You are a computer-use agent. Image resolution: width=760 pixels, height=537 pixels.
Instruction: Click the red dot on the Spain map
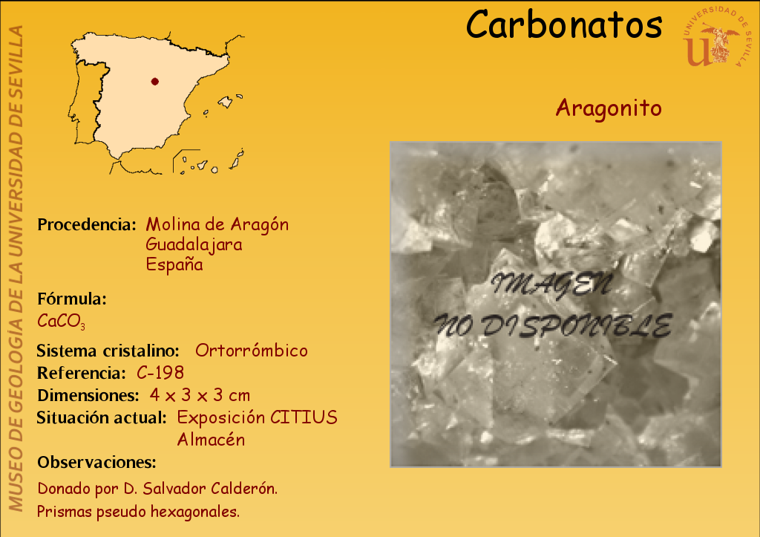point(154,82)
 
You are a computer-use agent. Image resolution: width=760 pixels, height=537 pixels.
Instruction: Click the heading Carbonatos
point(564,25)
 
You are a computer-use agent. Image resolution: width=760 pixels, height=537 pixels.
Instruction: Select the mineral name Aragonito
point(609,108)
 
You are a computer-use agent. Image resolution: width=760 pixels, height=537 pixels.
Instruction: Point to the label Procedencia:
point(87,224)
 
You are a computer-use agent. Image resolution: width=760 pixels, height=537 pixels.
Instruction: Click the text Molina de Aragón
point(217,224)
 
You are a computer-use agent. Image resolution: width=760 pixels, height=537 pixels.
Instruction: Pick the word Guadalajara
point(194,244)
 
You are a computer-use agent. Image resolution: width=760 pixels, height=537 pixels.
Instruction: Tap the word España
point(174,264)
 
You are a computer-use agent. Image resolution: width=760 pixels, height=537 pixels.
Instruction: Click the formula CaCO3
point(61,321)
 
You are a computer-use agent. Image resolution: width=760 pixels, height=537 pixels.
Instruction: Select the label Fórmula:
point(72,299)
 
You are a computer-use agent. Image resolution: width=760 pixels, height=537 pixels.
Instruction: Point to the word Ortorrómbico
point(251,351)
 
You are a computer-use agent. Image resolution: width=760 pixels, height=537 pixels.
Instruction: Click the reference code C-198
point(160,373)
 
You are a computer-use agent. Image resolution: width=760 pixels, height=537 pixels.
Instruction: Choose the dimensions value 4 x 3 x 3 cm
point(200,395)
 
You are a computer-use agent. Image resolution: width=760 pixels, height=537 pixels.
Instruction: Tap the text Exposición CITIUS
point(257,417)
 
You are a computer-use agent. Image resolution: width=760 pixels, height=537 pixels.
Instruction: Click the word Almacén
point(211,440)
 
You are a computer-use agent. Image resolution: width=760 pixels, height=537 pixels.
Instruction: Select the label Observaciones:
point(96,462)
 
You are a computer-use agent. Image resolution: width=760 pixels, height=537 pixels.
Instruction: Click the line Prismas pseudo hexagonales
point(138,511)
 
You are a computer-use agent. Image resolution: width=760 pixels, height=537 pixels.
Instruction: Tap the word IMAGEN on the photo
point(551,284)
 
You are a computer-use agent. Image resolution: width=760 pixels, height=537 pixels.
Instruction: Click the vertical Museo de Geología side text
point(16,268)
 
